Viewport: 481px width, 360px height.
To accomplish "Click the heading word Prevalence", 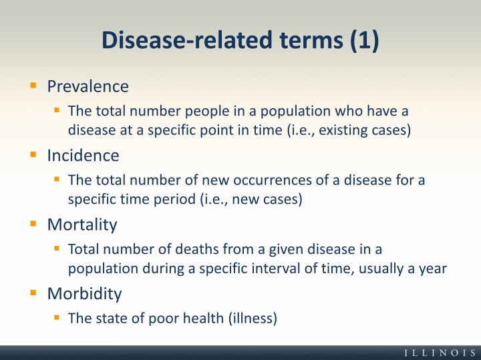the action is (x=88, y=86).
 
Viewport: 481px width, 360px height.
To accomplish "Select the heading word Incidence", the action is (x=83, y=156).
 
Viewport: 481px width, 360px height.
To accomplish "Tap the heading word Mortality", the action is (x=82, y=225).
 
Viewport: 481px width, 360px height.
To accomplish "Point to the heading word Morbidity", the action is (x=84, y=294).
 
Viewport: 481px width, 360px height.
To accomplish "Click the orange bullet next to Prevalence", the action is (x=33, y=85).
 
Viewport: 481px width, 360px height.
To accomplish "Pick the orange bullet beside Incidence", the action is (x=33, y=154).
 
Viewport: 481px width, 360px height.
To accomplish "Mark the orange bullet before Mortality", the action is (x=33, y=224).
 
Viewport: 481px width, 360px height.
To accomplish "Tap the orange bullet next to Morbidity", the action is (x=33, y=293).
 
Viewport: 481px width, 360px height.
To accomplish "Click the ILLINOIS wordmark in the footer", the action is (x=440, y=353).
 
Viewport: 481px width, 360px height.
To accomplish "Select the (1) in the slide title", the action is (x=365, y=40).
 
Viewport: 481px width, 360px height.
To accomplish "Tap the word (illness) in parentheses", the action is (x=253, y=319).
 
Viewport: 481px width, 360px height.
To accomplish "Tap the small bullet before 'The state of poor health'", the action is (x=56, y=317).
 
